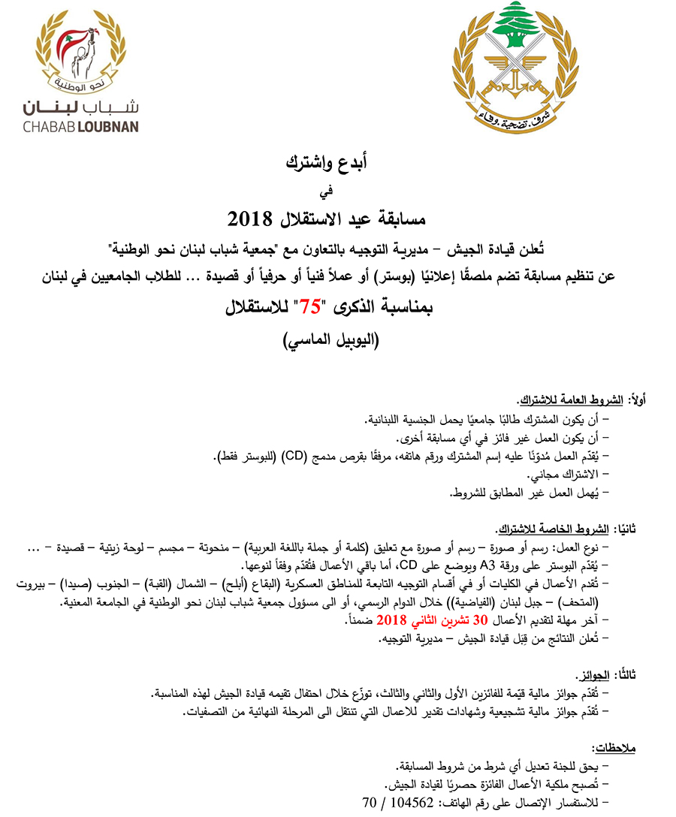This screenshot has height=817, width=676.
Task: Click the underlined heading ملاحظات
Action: [x=614, y=748]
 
